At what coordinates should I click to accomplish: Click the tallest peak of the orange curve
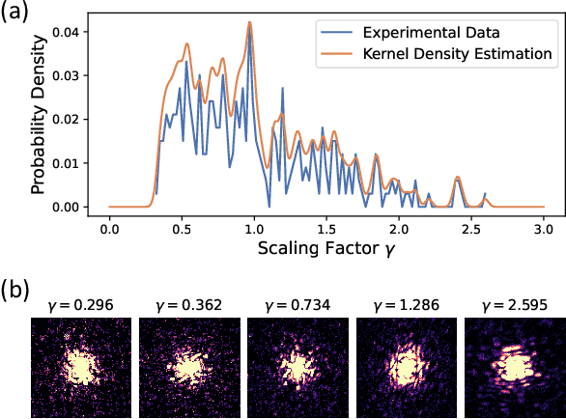click(x=249, y=22)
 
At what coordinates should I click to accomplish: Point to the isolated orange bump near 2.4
click(x=459, y=177)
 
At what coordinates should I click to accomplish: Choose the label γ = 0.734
click(x=297, y=305)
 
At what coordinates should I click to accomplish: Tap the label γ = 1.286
click(x=406, y=305)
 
